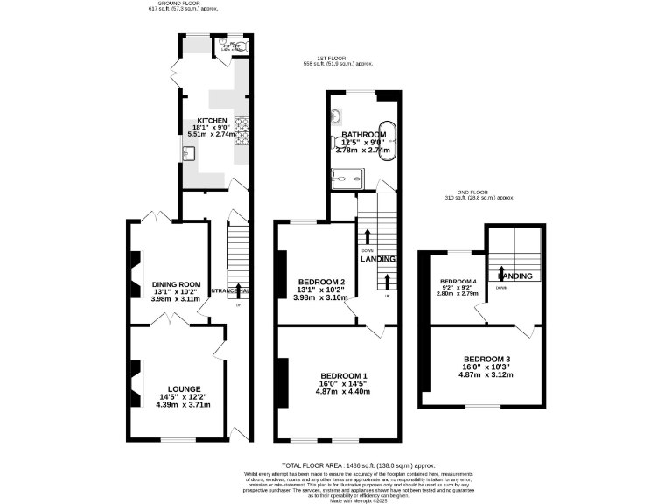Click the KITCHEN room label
pos(212,121)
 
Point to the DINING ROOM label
pos(177,284)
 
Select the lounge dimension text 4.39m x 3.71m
pos(185,405)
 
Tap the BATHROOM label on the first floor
pos(363,134)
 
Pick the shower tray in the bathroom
pos(349,178)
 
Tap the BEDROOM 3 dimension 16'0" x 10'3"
pos(484,367)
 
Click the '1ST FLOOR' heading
pos(318,58)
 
